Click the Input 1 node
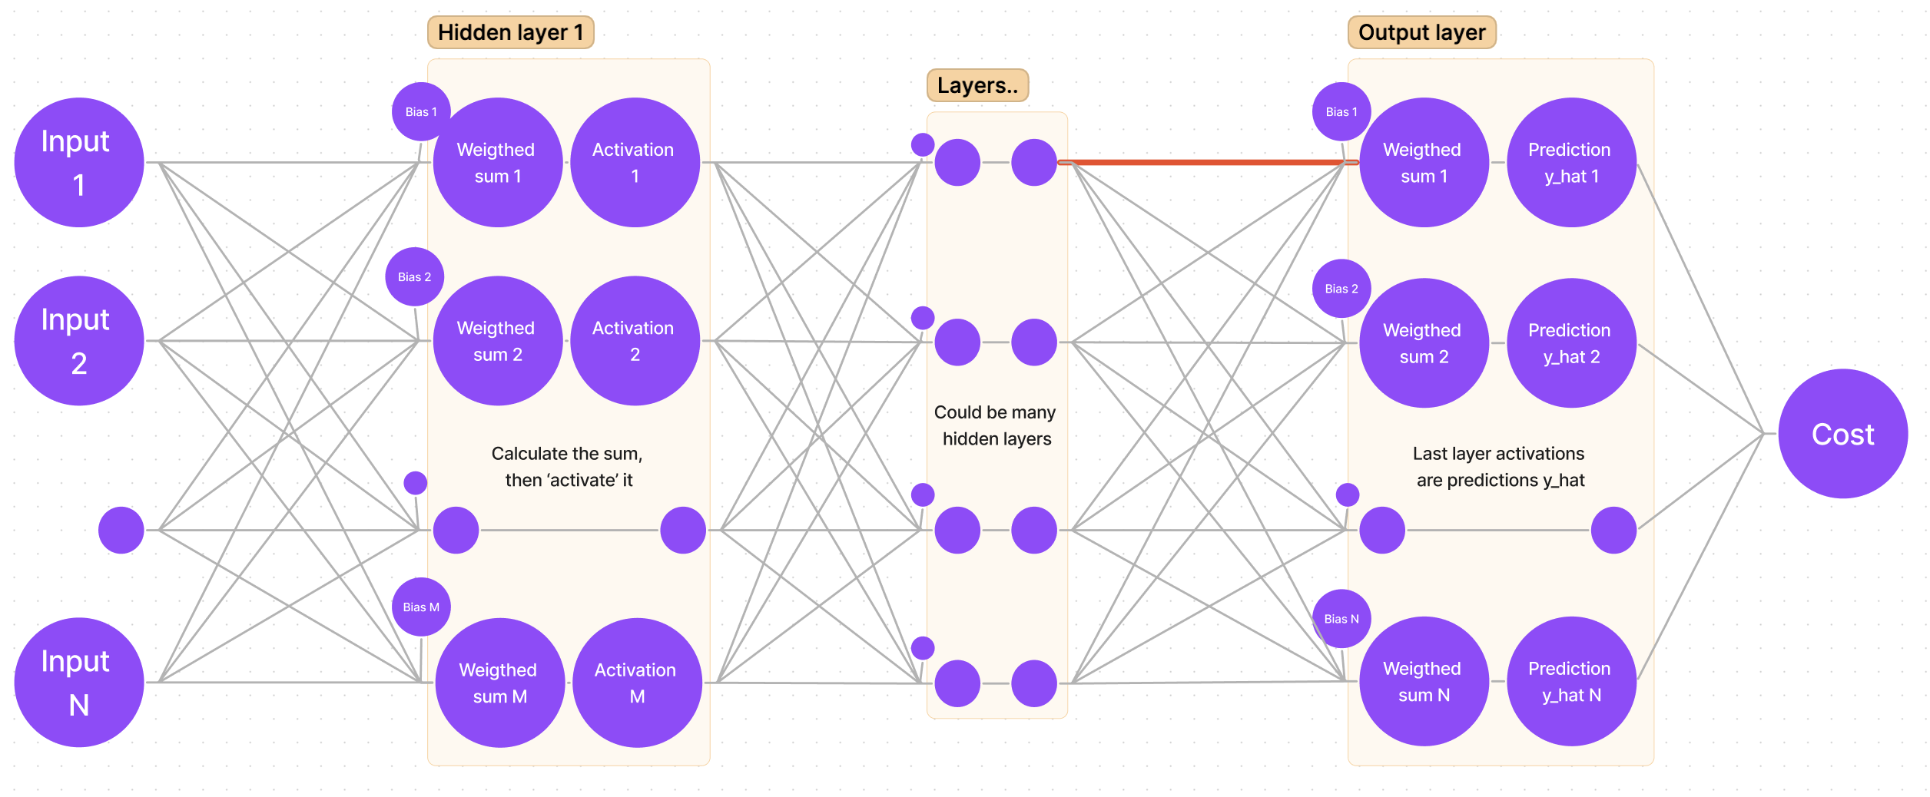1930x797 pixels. [79, 162]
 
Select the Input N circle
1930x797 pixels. [79, 682]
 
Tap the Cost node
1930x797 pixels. [1842, 434]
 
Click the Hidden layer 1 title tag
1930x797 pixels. [510, 32]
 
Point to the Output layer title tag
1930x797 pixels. [1421, 32]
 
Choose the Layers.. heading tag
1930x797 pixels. [977, 85]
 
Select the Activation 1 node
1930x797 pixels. [635, 162]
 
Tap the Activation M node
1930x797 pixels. [637, 682]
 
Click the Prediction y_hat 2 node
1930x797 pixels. [1571, 342]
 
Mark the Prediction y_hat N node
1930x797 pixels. [1571, 681]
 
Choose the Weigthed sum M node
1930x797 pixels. [499, 682]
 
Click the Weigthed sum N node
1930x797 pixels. [1424, 681]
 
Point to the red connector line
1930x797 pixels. [1206, 162]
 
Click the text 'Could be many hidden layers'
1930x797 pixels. [996, 425]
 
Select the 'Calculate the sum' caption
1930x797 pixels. [568, 466]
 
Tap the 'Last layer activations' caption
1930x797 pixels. [1499, 466]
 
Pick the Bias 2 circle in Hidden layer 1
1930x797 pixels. [414, 276]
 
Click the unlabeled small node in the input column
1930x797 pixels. [121, 530]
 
